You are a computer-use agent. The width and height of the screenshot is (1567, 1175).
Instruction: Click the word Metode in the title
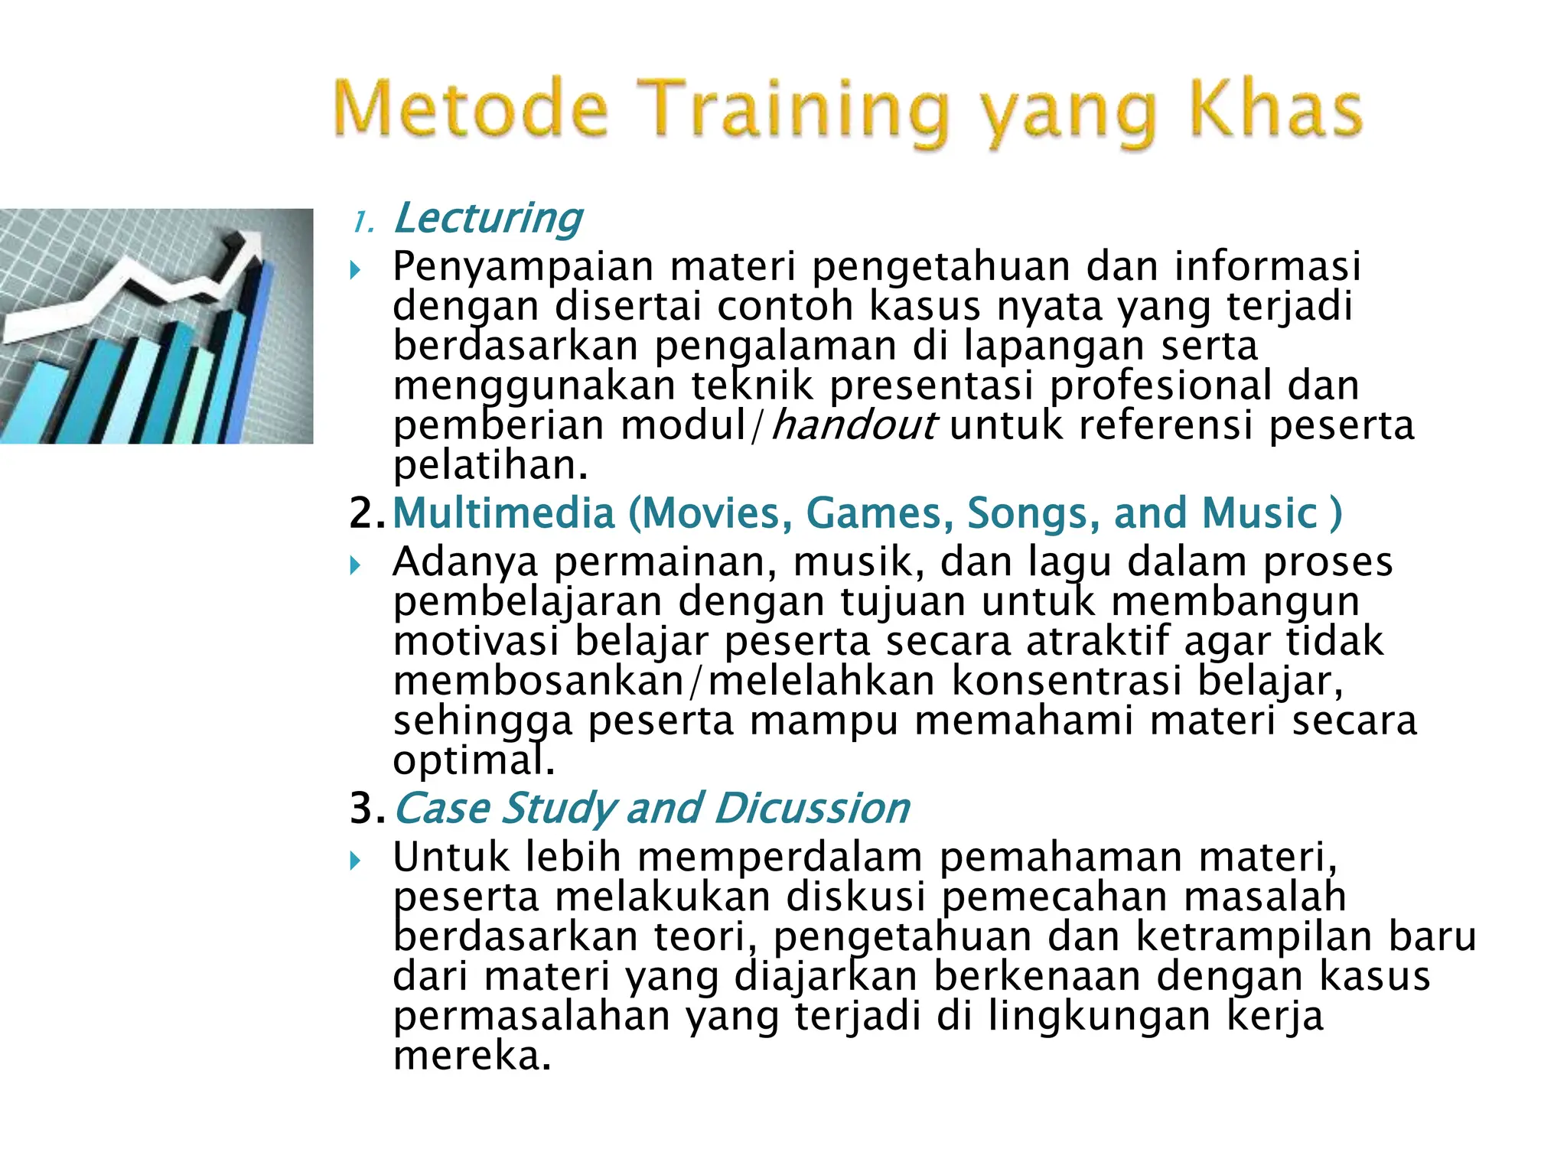pos(470,110)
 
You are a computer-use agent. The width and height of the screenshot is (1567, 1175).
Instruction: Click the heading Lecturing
pos(488,219)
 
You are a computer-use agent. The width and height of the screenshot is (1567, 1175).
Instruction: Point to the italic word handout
pos(854,425)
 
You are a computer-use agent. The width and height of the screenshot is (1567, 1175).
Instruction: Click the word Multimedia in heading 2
pos(503,513)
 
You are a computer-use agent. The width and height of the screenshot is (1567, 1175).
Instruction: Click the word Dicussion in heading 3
pos(813,809)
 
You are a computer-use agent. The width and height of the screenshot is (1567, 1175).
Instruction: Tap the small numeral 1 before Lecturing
pos(361,223)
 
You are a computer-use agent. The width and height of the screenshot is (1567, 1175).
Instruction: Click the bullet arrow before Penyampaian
pos(354,269)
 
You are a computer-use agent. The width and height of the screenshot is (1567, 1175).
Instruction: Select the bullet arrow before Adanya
pos(354,565)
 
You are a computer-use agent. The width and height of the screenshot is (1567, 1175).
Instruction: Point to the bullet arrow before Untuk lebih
pos(354,861)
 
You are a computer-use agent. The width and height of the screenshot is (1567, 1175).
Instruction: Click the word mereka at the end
pos(471,1056)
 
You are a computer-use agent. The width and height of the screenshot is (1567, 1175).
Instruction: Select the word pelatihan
pos(490,465)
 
